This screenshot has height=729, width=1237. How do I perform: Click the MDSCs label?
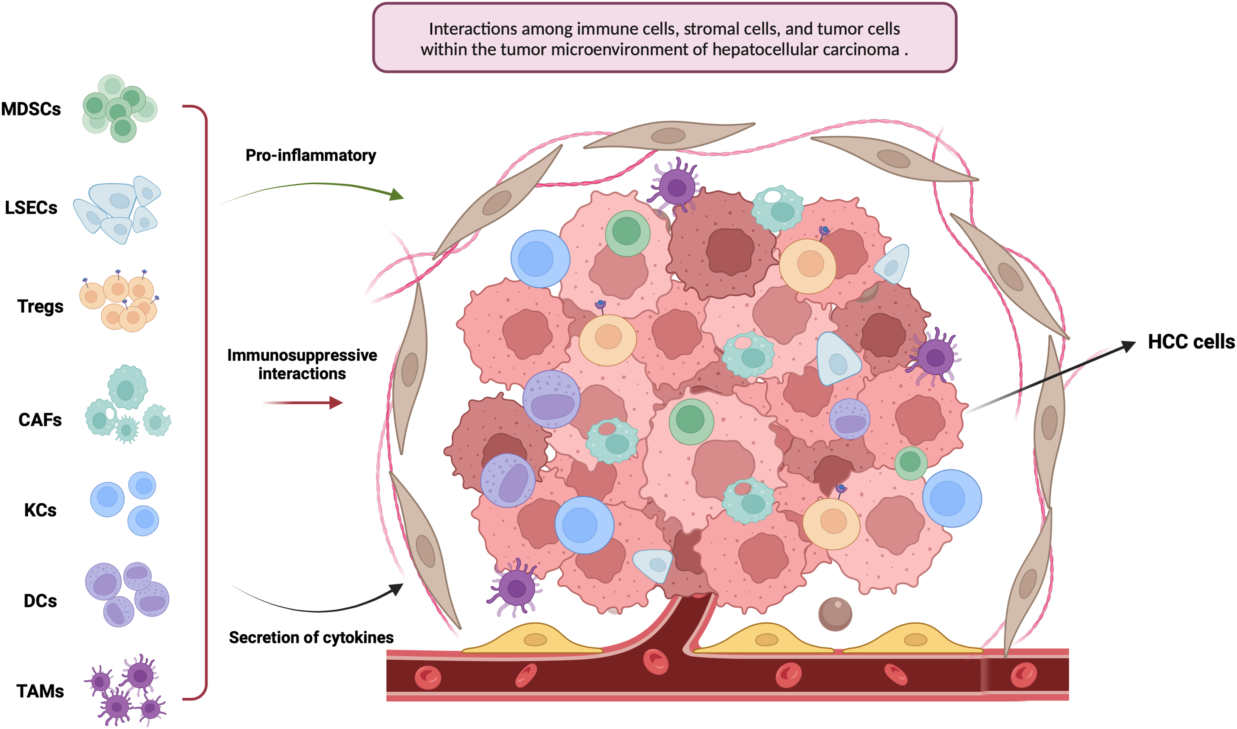31,109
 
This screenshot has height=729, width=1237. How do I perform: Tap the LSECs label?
31,208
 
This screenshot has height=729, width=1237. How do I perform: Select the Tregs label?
40,307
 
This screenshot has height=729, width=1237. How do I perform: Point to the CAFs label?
40,420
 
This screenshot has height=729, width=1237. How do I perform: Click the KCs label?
40,511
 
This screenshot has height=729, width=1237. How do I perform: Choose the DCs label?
40,601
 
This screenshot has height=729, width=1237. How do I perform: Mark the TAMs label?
40,691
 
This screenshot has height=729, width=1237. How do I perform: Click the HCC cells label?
1191,341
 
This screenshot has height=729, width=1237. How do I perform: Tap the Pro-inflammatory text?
310,155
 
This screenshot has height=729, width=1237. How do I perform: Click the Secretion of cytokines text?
311,637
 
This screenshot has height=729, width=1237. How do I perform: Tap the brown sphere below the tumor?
835,613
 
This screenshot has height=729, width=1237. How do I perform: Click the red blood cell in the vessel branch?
656,662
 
